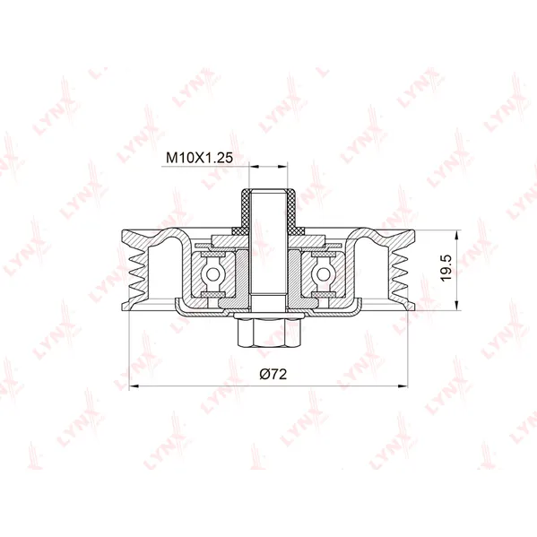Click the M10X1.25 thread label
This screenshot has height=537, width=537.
pyautogui.click(x=199, y=158)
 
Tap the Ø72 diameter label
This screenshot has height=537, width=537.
pyautogui.click(x=273, y=375)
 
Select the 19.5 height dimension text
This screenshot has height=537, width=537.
pyautogui.click(x=446, y=268)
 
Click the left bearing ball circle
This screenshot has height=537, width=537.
pyautogui.click(x=213, y=273)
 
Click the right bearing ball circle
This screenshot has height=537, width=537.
pyautogui.click(x=323, y=273)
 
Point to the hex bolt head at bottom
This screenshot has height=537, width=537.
pyautogui.click(x=269, y=333)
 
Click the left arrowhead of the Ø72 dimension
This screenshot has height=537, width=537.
pyautogui.click(x=134, y=386)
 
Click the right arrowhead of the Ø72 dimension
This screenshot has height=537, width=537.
pyautogui.click(x=403, y=386)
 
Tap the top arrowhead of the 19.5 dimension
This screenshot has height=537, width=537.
pyautogui.click(x=456, y=235)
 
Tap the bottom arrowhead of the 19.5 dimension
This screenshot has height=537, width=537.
pyautogui.click(x=456, y=306)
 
